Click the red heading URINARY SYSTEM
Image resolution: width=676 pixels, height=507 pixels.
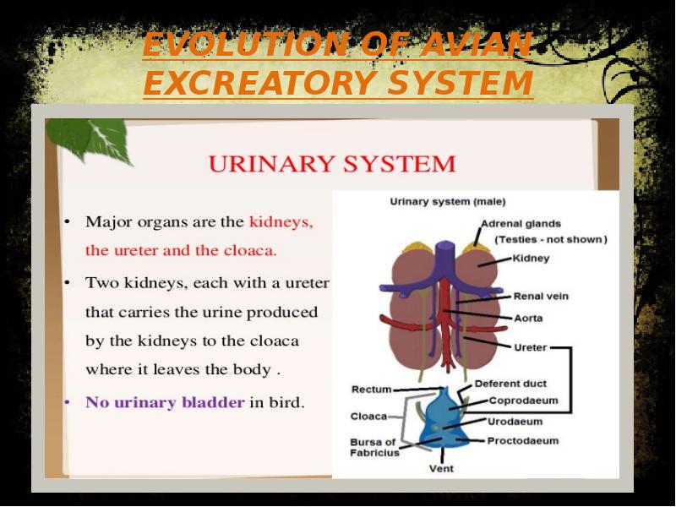(x=332, y=162)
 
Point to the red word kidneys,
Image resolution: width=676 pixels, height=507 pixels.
(x=281, y=223)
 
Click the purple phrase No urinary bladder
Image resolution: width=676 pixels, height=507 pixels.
(x=164, y=402)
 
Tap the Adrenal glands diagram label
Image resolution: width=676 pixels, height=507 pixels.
(x=521, y=224)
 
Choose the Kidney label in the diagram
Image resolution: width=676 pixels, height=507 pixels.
(x=531, y=258)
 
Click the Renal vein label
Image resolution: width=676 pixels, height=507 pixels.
(x=541, y=297)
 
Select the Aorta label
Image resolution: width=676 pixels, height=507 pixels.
(x=528, y=319)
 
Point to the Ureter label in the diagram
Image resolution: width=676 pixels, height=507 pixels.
(x=530, y=346)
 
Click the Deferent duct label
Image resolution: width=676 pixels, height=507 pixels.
(x=510, y=384)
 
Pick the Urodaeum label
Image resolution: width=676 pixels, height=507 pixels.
(x=515, y=421)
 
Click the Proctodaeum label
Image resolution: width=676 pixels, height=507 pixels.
(x=522, y=440)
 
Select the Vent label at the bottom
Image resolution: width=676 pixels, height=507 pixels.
(x=441, y=468)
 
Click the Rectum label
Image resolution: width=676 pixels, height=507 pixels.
(x=371, y=390)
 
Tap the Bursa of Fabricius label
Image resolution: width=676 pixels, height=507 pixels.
(x=374, y=448)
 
